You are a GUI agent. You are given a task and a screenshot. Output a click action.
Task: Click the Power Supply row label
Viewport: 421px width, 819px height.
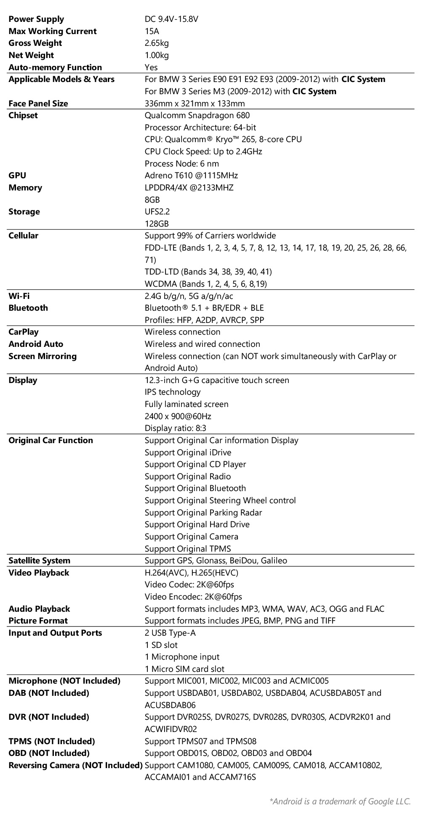36,19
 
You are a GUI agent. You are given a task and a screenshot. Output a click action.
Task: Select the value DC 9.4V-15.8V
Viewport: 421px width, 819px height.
171,19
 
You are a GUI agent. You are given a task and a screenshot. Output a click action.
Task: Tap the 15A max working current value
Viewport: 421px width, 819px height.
152,31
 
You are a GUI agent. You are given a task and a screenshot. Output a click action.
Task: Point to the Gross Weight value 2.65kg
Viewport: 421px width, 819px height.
157,43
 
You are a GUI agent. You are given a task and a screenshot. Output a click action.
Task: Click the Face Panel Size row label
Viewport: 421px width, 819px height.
38,103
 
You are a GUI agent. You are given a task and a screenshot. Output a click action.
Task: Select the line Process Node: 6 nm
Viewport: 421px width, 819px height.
182,164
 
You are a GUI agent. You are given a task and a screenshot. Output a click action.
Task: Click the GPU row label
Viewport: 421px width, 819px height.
17,175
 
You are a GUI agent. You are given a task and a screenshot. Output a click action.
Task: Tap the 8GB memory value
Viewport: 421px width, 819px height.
152,200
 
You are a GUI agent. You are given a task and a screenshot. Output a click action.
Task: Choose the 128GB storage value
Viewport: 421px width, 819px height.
157,224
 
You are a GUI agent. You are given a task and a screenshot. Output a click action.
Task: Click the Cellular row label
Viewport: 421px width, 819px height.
24,235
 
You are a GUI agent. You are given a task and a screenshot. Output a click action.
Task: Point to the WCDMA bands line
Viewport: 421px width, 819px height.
206,284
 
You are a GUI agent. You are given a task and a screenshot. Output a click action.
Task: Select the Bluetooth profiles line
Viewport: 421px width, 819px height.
205,320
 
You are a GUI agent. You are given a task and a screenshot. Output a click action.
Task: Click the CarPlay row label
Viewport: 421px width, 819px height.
24,332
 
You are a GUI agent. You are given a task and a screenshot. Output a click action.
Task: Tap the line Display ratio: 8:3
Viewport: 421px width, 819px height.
176,428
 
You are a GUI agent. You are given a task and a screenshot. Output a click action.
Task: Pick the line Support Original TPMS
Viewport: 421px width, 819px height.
188,549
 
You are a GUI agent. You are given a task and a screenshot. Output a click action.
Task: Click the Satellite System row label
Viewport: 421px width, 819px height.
40,560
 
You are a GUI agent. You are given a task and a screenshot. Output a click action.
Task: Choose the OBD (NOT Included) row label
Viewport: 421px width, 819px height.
49,753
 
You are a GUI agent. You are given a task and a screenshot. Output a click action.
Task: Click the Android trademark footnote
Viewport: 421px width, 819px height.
340,801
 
